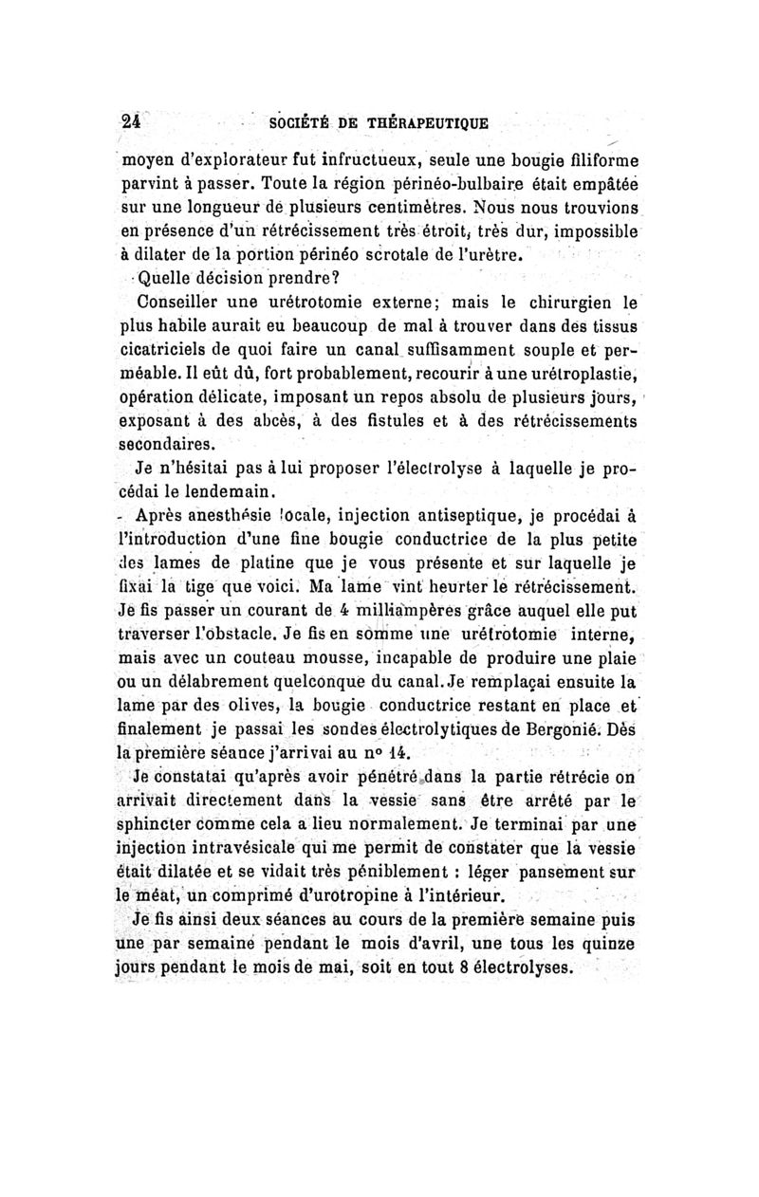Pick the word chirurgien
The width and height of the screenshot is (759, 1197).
[x=562, y=305]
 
